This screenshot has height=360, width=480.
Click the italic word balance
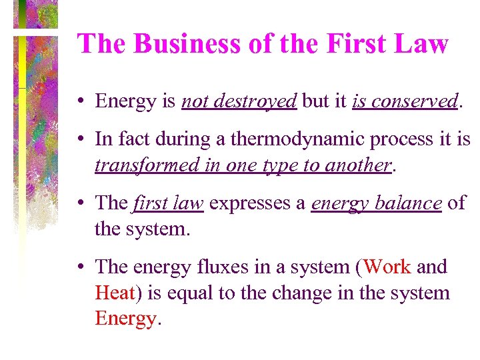411,203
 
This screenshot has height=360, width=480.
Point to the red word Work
387,267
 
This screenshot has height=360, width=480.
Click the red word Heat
115,293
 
